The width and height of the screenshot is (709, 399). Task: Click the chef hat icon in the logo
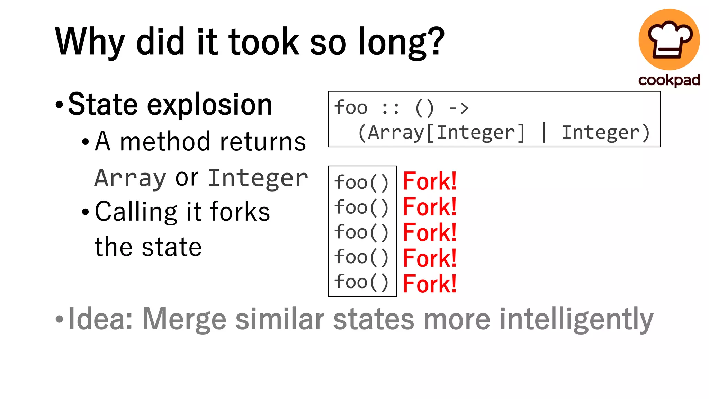coord(670,39)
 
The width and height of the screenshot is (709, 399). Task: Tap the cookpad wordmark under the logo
coord(669,80)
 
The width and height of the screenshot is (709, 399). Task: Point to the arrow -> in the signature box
coord(459,108)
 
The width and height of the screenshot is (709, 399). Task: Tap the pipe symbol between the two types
coord(544,132)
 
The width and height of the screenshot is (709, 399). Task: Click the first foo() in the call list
coord(361,183)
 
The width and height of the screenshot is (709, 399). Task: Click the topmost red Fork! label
coord(430,181)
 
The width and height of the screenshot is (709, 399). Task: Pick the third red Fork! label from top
coord(430,232)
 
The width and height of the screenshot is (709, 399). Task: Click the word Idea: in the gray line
coord(101,319)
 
